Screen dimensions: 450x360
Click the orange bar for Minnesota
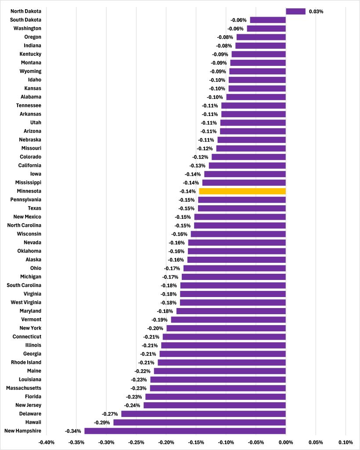[x=242, y=191]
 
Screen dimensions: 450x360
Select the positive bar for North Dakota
[x=295, y=11]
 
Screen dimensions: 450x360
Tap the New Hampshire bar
[x=185, y=431]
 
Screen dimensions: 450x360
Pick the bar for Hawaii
[x=199, y=422]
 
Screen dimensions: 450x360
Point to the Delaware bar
[x=203, y=414]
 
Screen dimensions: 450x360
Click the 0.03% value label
[x=316, y=11]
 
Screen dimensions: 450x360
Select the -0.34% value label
[x=73, y=431]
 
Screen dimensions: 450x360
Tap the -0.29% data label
[x=102, y=422]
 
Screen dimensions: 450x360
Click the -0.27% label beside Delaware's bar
[x=110, y=414]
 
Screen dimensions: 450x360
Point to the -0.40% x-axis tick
[x=47, y=442]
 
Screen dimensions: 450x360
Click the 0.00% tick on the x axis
[x=286, y=442]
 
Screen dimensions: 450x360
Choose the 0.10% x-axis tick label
[x=346, y=442]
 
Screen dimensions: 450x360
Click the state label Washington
[x=27, y=29]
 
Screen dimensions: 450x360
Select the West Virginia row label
[x=26, y=302]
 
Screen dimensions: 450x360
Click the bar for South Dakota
[x=268, y=20]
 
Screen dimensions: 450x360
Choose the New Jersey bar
[x=215, y=405]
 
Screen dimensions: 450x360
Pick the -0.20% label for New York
[x=155, y=328]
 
